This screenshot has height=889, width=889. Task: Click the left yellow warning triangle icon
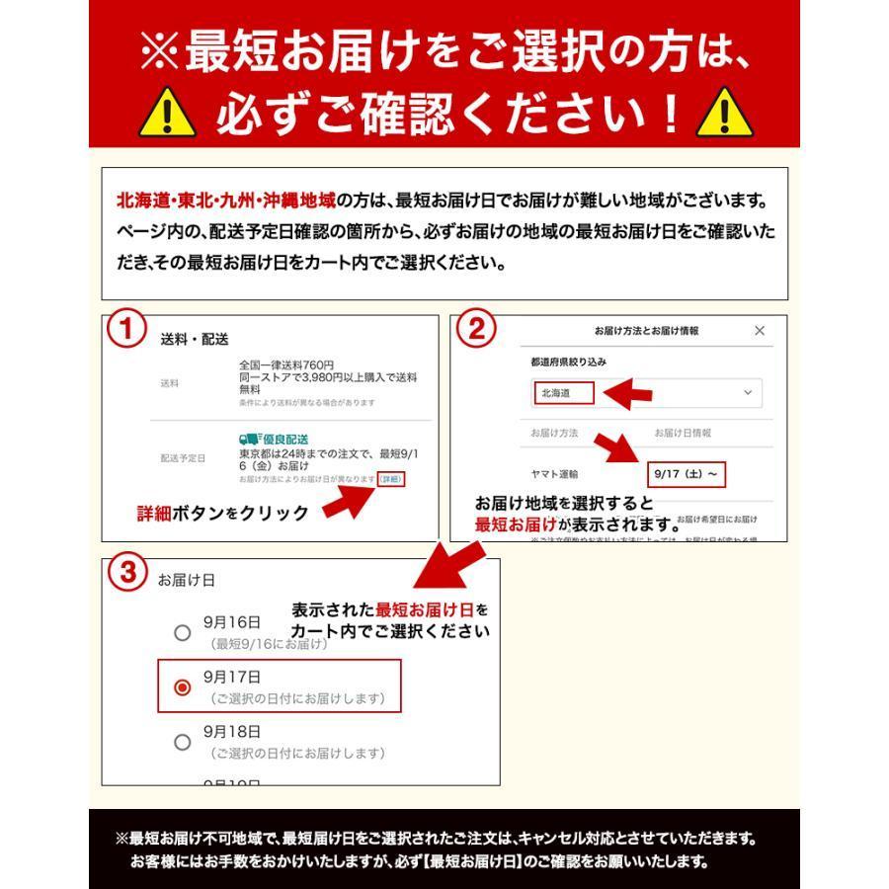tap(168, 117)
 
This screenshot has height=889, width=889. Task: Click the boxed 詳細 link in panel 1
tap(391, 479)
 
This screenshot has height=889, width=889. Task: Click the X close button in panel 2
tap(759, 331)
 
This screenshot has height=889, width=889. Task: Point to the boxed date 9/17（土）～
tap(687, 474)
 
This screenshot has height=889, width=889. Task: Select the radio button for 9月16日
tap(182, 633)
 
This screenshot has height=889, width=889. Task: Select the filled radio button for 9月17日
tap(182, 687)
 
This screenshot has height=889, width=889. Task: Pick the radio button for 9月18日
tap(182, 742)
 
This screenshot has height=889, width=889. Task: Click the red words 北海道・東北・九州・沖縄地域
tap(225, 201)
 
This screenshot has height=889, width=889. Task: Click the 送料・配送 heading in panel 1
tap(195, 339)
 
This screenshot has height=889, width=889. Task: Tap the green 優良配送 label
tap(274, 439)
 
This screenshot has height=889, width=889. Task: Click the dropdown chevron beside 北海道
tap(747, 393)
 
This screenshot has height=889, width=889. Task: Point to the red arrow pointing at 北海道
tap(628, 395)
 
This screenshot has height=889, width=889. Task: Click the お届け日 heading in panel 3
tap(186, 580)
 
